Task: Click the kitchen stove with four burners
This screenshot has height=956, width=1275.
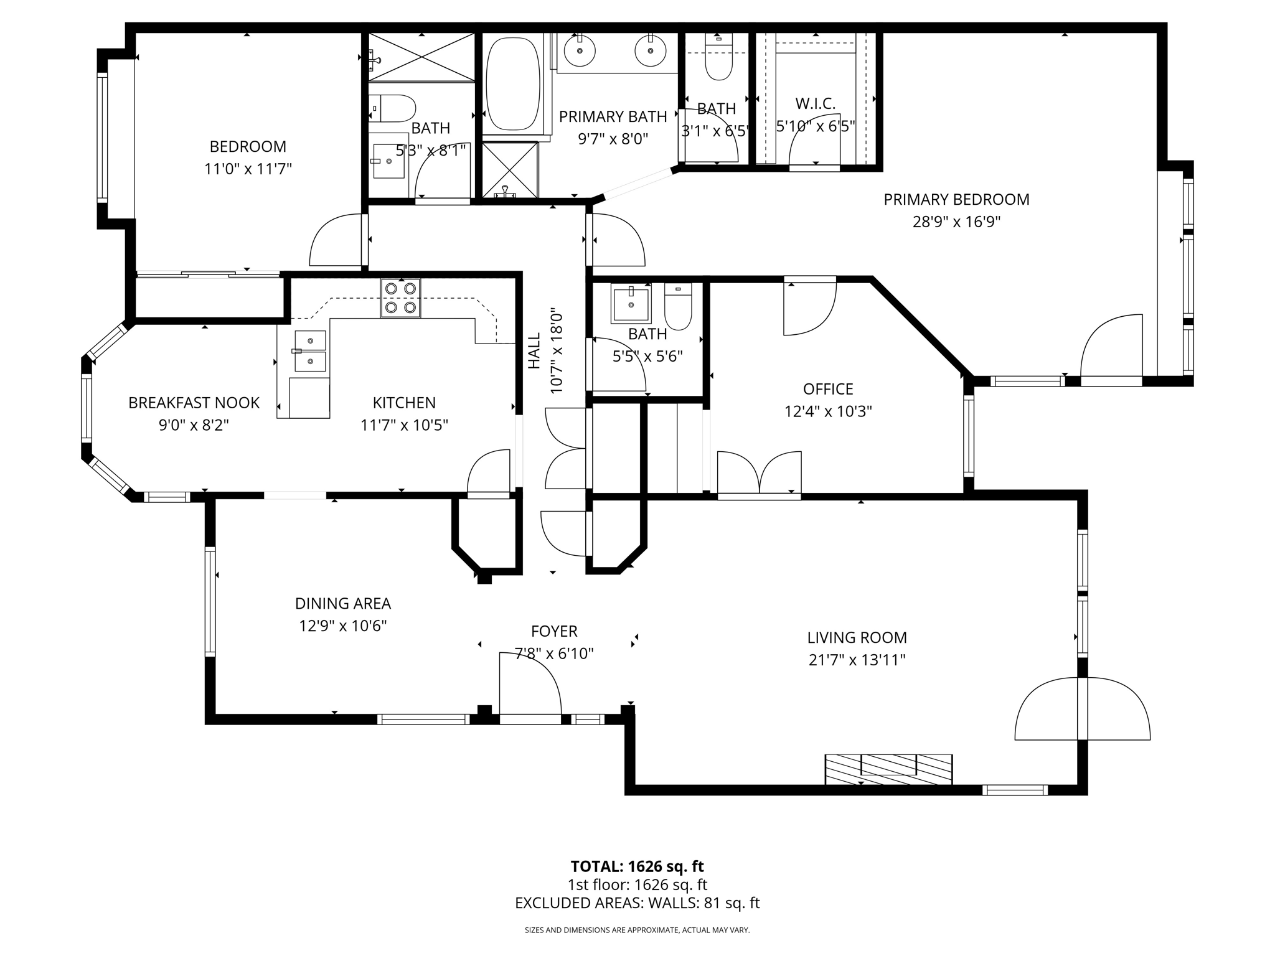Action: coord(400,298)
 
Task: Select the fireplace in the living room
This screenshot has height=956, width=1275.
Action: coord(888,769)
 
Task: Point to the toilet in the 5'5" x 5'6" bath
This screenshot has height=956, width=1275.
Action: coord(678,307)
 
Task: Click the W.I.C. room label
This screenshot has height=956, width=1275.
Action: coord(815,103)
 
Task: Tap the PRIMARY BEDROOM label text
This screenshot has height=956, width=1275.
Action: coord(956,200)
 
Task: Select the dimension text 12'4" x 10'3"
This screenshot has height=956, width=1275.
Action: coord(828,411)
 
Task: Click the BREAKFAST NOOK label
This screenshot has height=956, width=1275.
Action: coord(194,403)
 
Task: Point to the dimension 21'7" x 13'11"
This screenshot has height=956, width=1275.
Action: coord(857,660)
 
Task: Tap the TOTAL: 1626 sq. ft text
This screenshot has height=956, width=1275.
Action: coord(637,866)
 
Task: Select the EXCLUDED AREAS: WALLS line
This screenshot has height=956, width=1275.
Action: coord(637,903)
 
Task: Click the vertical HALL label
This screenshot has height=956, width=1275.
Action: coord(534,350)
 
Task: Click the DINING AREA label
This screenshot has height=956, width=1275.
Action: coord(342,603)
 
